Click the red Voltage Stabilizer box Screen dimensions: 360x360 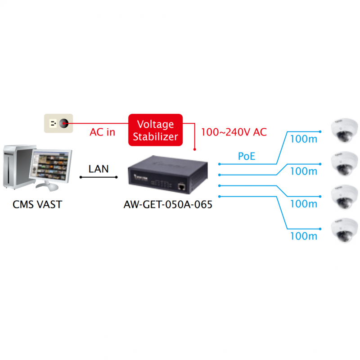tap(155, 130)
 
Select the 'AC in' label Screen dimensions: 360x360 tap(102, 132)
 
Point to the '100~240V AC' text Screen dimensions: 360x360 tap(234, 132)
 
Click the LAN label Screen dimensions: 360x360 tap(98, 169)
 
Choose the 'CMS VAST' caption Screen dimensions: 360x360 tap(37, 205)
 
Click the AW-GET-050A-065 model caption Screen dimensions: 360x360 tap(167, 205)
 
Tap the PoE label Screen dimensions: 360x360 tap(247, 157)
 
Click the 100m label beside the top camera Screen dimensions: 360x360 tap(304, 139)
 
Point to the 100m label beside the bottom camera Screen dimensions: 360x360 tap(304, 236)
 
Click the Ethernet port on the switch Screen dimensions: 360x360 tap(181, 185)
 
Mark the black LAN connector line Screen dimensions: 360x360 tap(98, 177)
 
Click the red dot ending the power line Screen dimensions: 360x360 tap(195, 149)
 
